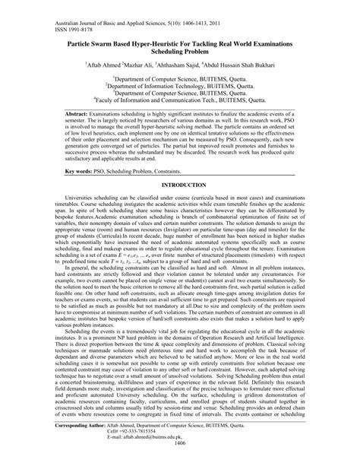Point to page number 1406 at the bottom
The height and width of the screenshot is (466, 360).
point(179,462)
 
